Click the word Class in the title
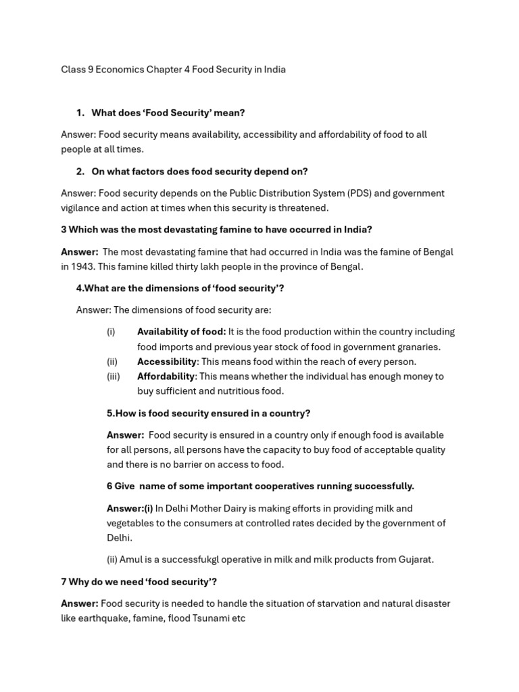click(73, 70)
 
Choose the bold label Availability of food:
click(181, 332)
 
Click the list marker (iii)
click(113, 376)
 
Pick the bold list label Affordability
click(166, 376)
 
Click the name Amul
click(132, 560)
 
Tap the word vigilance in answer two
click(82, 208)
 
